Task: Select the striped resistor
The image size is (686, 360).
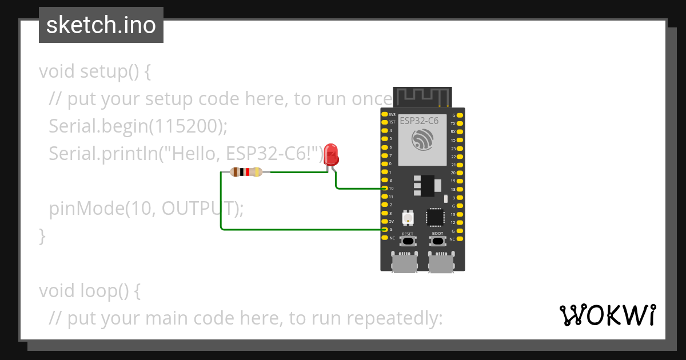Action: point(246,172)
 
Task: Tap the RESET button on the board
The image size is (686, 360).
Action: point(407,241)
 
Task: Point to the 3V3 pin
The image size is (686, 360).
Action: point(385,114)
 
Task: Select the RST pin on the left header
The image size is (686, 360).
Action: point(385,122)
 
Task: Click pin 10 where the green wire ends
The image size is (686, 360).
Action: point(385,188)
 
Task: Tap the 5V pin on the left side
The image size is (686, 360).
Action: point(385,221)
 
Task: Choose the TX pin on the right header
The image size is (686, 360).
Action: point(460,123)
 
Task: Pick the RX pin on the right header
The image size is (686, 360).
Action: point(460,131)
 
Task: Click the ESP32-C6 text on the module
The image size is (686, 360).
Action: point(418,121)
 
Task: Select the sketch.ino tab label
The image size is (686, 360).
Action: point(101,25)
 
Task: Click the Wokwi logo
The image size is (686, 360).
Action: point(607,315)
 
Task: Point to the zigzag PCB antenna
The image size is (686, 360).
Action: point(423,96)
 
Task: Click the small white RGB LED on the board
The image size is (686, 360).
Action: point(408,217)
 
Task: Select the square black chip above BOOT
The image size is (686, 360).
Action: point(436,217)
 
